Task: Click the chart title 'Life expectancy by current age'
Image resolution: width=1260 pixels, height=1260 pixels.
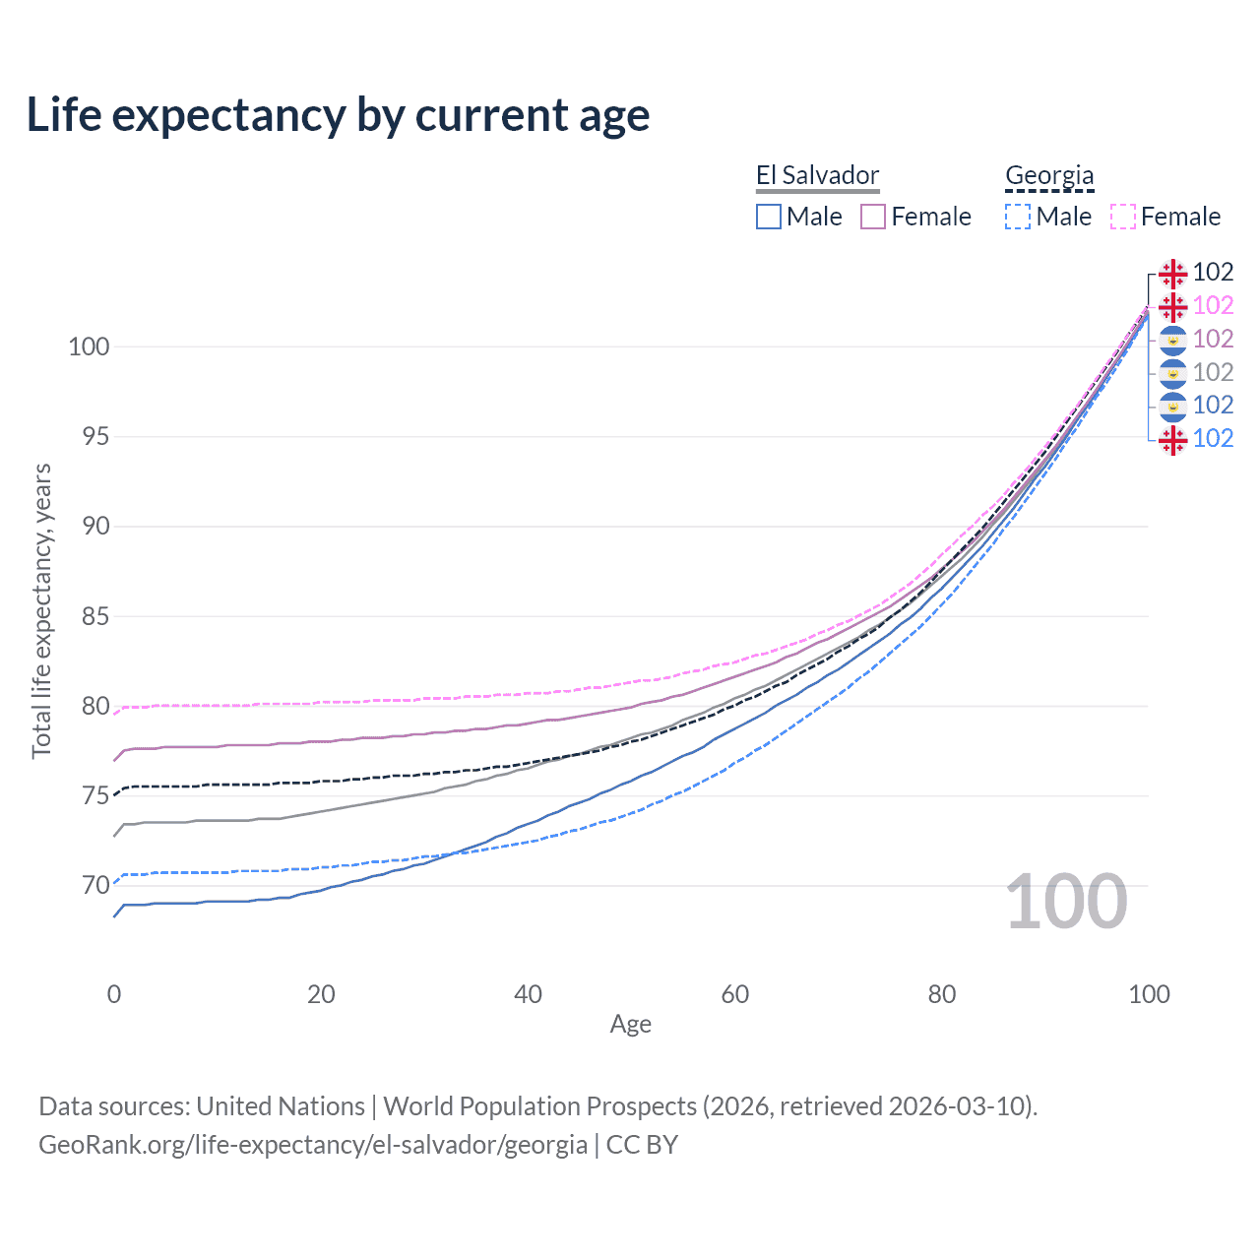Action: click(338, 115)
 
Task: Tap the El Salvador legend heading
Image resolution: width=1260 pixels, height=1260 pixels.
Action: click(817, 176)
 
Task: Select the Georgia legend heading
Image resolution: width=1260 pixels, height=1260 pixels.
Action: click(1049, 176)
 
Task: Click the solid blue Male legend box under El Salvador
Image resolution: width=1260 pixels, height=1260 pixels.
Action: click(769, 217)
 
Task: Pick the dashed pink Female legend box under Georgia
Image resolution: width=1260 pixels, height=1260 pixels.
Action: click(1123, 217)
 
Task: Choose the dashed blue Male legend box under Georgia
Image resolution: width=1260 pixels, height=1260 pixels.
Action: click(1018, 217)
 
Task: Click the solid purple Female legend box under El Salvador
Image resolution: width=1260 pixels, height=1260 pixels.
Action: click(873, 217)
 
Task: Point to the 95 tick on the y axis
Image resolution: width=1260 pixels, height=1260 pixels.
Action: click(95, 436)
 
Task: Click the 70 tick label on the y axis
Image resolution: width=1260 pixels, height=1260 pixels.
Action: click(95, 886)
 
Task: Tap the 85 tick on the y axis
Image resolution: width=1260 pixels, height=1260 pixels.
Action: click(95, 616)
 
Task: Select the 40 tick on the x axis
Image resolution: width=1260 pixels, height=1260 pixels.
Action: click(529, 994)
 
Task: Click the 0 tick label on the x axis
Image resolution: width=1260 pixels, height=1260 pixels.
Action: click(114, 994)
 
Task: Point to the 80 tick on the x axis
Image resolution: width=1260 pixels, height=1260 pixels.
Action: click(942, 994)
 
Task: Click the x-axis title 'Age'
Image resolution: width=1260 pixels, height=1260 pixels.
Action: click(631, 1025)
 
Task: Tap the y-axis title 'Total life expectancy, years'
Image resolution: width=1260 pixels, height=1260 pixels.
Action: click(41, 611)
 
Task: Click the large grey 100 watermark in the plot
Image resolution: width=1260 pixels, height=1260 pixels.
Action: click(1066, 902)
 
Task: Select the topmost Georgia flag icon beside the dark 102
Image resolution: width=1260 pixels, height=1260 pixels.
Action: click(1172, 273)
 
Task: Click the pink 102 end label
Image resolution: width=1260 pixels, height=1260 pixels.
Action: click(1213, 306)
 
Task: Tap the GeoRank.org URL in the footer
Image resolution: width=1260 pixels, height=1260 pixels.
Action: click(313, 1145)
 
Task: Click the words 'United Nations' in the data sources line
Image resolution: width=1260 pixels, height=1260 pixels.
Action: click(281, 1106)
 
